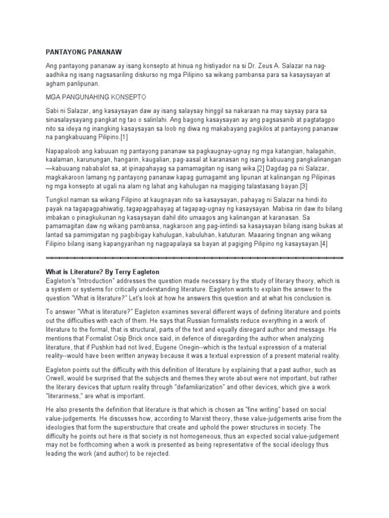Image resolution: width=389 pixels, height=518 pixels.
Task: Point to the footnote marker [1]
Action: tap(124, 138)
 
